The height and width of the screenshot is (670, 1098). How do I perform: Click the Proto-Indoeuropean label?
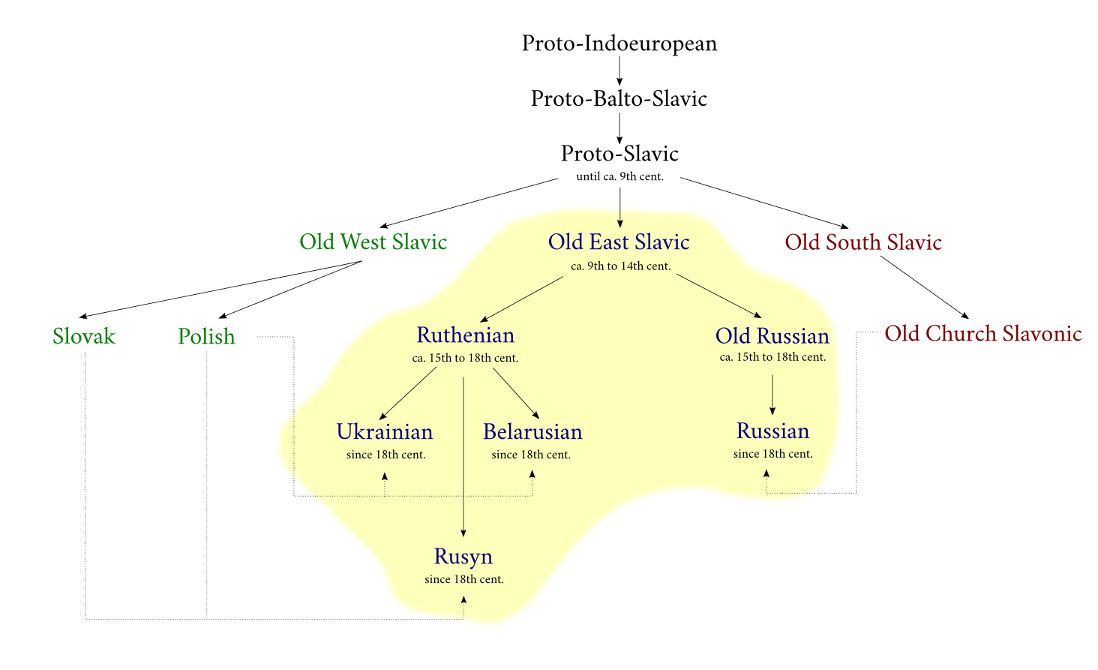619,44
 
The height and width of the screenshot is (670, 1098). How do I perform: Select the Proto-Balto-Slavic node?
619,98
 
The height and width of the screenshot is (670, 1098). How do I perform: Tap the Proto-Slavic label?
619,154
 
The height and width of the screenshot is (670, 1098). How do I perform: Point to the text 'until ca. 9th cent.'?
619,177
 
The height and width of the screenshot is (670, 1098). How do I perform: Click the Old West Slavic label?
373,242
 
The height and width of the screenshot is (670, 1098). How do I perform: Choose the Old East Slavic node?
619,242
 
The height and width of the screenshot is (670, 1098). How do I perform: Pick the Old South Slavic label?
863,242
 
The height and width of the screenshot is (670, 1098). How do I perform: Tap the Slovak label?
84,336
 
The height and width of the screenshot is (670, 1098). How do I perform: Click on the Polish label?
206,336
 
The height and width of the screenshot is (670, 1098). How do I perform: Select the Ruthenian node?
465,335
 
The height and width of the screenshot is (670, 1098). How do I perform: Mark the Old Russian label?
772,335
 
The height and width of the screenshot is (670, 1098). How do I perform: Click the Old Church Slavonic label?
982,333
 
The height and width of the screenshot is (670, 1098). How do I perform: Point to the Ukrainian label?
385,432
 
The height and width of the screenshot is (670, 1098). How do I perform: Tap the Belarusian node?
532,432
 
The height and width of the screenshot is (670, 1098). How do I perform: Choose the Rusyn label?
463,557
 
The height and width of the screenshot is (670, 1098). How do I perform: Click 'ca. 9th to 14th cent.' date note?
620,266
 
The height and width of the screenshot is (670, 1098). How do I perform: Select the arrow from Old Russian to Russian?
772,394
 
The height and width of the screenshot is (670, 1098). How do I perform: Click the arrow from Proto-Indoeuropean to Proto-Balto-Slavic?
619,71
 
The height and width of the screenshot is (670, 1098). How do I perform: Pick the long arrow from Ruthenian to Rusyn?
463,458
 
